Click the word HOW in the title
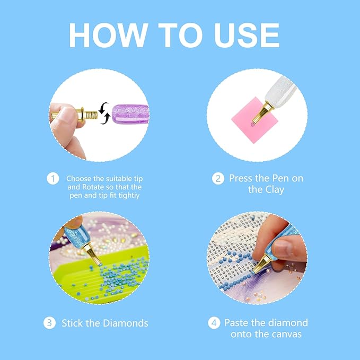click(x=108, y=36)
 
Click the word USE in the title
click(x=247, y=36)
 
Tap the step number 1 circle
click(x=53, y=179)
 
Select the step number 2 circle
click(x=218, y=179)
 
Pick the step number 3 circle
click(x=49, y=323)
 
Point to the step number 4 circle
click(x=214, y=322)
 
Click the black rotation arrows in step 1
click(x=104, y=113)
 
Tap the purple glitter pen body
click(x=130, y=114)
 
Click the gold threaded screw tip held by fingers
click(x=86, y=115)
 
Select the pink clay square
click(x=254, y=120)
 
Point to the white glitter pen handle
click(x=279, y=91)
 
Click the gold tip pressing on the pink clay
click(x=262, y=113)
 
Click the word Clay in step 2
click(x=275, y=190)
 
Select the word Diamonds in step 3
click(x=125, y=323)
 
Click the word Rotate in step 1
click(x=93, y=187)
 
